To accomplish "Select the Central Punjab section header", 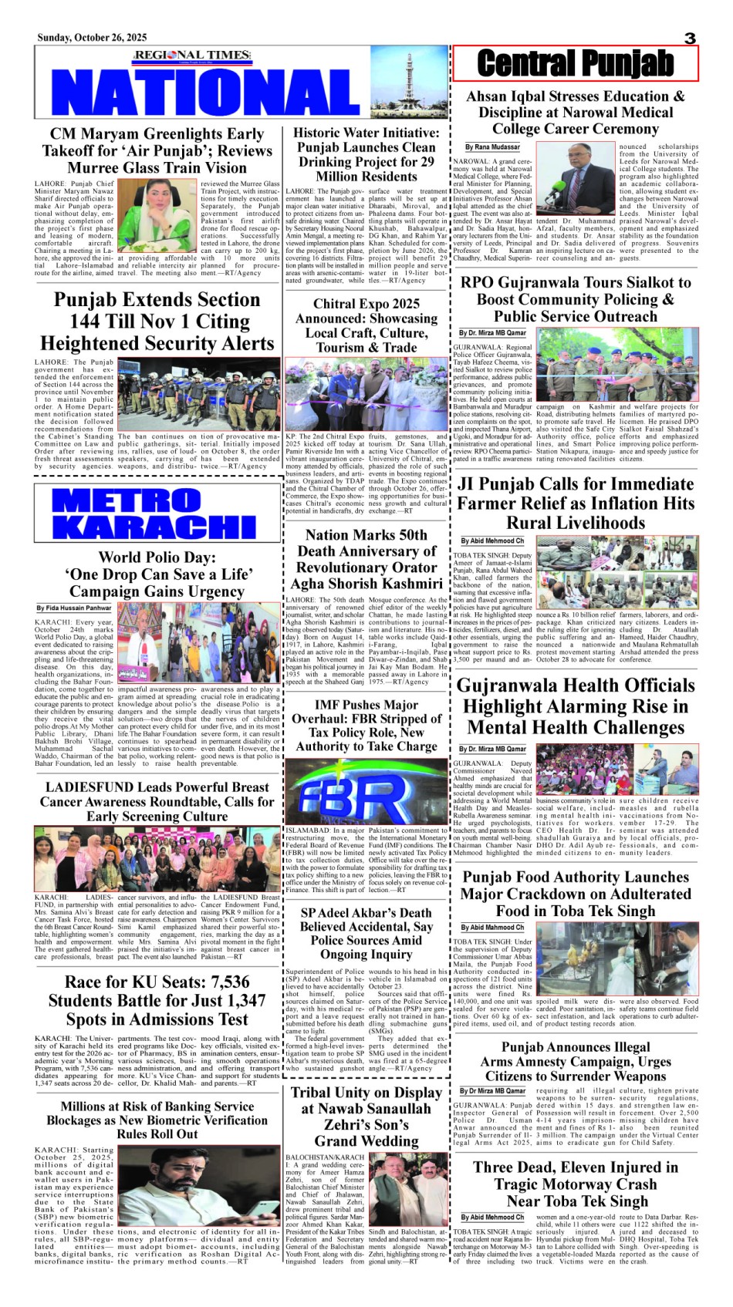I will pyautogui.click(x=575, y=63).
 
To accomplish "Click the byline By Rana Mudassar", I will pyautogui.click(x=492, y=147).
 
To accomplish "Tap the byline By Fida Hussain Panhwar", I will pyautogui.click(x=74, y=608).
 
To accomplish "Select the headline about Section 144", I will pyautogui.click(x=157, y=322).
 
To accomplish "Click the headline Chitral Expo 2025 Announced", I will pyautogui.click(x=366, y=325).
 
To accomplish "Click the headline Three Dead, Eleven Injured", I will pyautogui.click(x=576, y=1184).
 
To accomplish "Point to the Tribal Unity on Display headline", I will pyautogui.click(x=366, y=1116).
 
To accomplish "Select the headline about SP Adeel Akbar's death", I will pyautogui.click(x=366, y=933).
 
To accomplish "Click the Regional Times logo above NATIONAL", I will pyautogui.click(x=192, y=55).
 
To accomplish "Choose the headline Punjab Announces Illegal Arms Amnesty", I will pyautogui.click(x=576, y=1061).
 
